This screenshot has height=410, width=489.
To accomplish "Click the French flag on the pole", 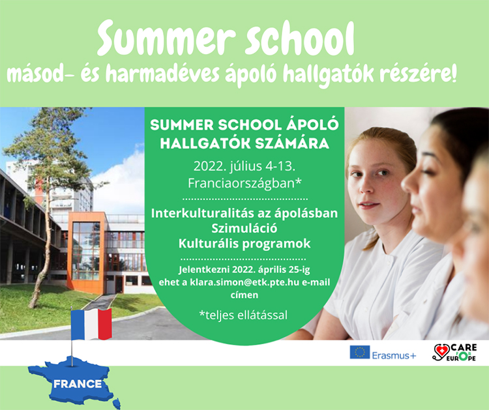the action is tap(91, 324).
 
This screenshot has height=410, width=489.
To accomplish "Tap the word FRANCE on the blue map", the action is tap(78, 384).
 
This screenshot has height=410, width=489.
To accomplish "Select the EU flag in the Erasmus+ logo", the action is tap(359, 352).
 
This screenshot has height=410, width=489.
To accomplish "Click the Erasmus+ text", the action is tap(394, 355).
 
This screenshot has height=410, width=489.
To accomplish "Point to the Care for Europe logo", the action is tap(454, 353).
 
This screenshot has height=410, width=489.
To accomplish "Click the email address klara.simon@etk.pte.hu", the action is tap(244, 282).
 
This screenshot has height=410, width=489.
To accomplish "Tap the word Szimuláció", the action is tap(244, 229).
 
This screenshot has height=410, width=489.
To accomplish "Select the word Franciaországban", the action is tap(244, 183).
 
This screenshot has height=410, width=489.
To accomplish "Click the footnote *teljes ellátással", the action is tap(243, 315).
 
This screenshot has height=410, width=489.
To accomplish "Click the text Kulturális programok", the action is tap(244, 244).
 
